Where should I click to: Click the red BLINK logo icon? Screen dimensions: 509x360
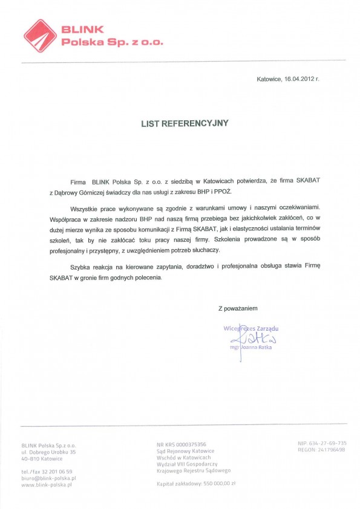(39, 34)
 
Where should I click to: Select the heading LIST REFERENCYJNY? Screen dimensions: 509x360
(185, 123)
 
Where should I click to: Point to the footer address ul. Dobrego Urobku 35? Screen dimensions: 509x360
(48, 452)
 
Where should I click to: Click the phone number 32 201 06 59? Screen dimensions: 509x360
(59, 472)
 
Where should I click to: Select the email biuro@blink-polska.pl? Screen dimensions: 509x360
(48, 478)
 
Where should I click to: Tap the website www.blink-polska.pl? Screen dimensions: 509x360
(47, 485)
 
